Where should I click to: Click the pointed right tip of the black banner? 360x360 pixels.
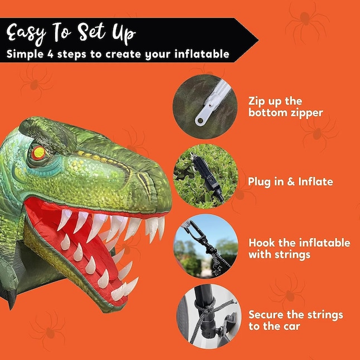tap(257, 40)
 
